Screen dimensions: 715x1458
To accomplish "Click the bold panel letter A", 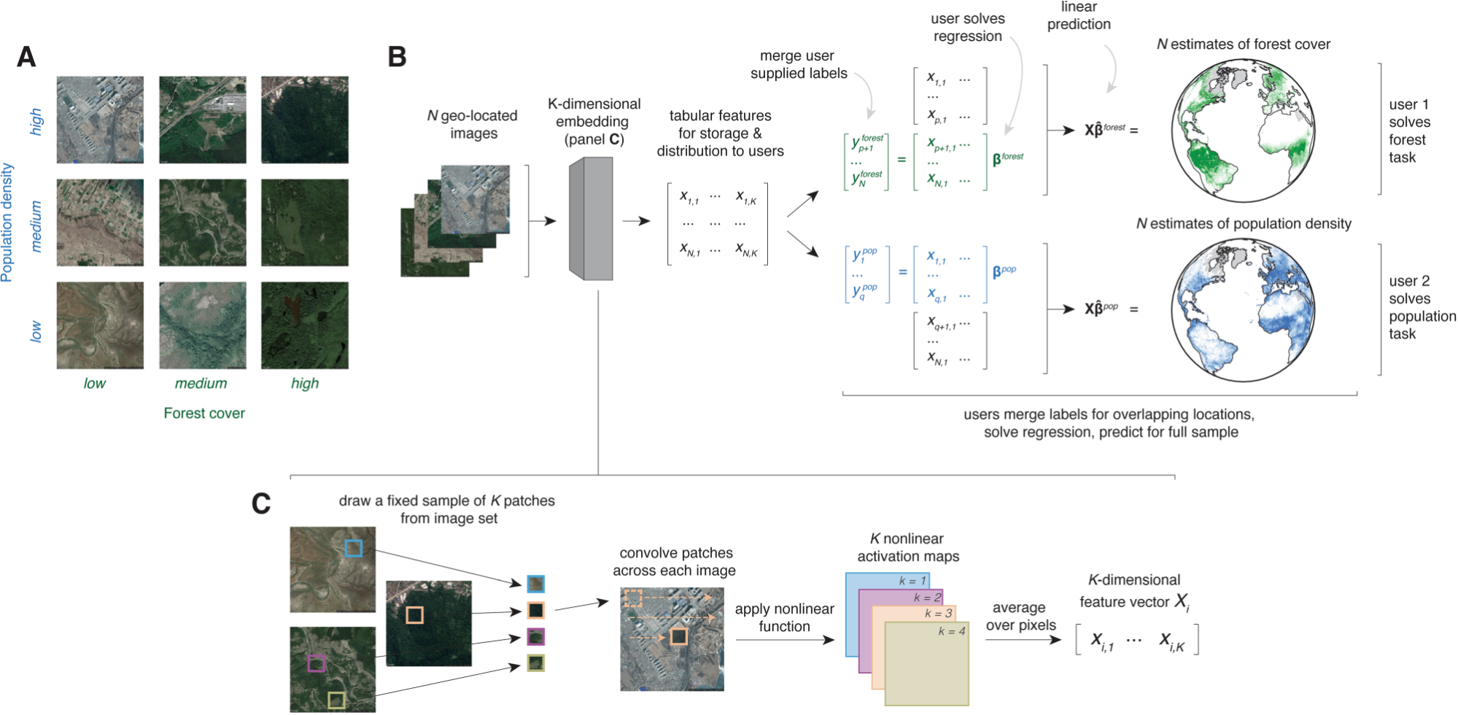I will coord(26,57).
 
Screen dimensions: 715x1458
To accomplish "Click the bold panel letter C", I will coord(261,503).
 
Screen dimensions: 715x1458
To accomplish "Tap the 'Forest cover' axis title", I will coord(204,413).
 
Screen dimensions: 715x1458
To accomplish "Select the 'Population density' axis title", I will coord(7,223).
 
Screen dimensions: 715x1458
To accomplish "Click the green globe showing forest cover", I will coord(1244,133).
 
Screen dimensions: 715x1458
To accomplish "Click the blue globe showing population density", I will coord(1243,311).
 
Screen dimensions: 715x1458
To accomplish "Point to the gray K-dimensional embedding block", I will coord(592,219).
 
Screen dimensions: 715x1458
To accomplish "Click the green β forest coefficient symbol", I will coord(1007,158).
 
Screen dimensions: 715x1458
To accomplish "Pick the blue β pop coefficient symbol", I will coord(1004,271).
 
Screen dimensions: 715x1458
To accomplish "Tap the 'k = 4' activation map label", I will coord(952,631).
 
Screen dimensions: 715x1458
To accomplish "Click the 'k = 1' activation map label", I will coord(912,581).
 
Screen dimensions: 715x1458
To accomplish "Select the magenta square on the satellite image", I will coord(316,663).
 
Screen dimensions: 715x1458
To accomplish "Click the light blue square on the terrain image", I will coord(353,549).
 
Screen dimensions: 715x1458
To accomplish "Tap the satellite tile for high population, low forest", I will coord(100,120).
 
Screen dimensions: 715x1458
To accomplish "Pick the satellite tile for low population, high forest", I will coord(305,325).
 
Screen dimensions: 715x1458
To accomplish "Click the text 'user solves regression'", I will coord(968,28).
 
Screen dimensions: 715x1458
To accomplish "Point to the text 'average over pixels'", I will coord(1020,617).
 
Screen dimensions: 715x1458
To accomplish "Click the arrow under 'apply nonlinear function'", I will coord(785,640).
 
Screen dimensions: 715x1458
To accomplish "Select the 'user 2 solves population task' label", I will coord(1421,307).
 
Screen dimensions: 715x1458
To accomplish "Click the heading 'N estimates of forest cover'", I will coord(1244,45).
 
